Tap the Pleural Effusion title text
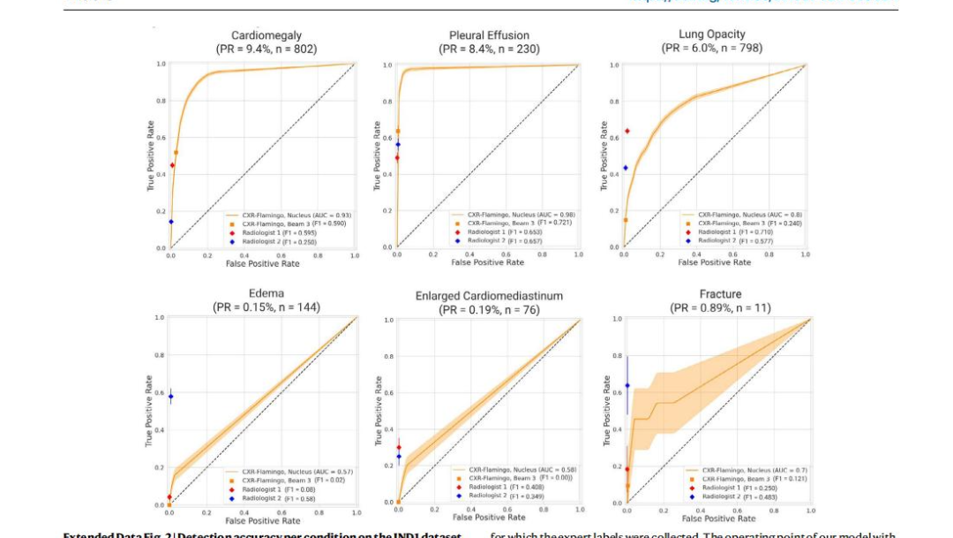pyautogui.click(x=489, y=35)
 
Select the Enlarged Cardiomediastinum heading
pyautogui.click(x=489, y=296)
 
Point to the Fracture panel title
pyautogui.click(x=718, y=294)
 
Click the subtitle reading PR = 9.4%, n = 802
pyautogui.click(x=266, y=49)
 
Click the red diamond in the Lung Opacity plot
pyautogui.click(x=627, y=131)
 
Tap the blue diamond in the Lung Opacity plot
pyautogui.click(x=626, y=168)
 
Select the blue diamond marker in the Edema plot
pyautogui.click(x=171, y=397)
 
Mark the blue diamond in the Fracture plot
pyautogui.click(x=627, y=386)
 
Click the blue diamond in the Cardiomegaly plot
pyautogui.click(x=171, y=222)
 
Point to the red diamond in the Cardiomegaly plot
pyautogui.click(x=172, y=165)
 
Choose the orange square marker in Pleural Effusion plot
pyautogui.click(x=398, y=131)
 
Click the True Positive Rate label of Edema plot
pyautogui.click(x=149, y=412)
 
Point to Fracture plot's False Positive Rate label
pyautogui.click(x=718, y=519)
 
